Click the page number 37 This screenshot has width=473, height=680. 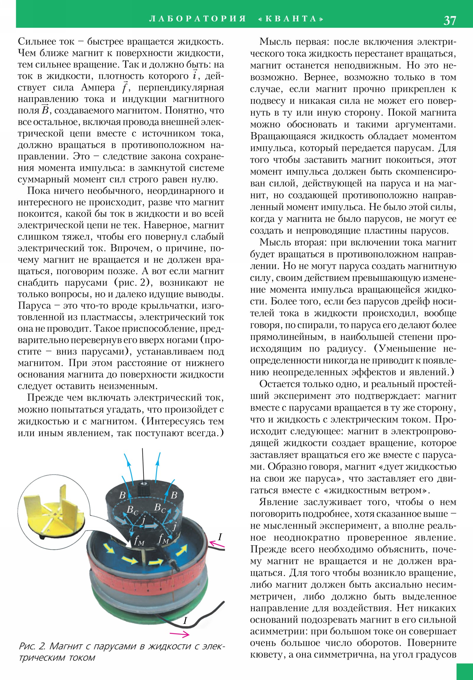coord(450,20)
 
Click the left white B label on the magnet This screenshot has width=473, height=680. coord(122,495)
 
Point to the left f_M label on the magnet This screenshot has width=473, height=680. coord(139,541)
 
